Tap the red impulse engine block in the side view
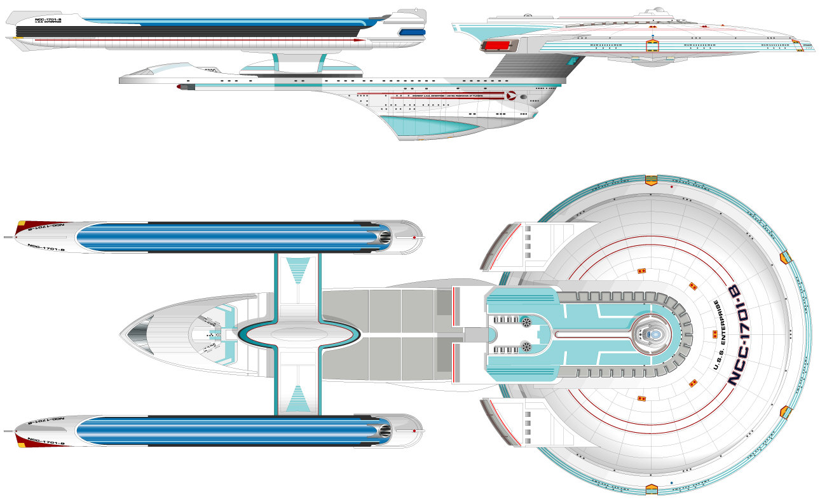pyautogui.click(x=497, y=45)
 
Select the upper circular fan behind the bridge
pyautogui.click(x=526, y=323)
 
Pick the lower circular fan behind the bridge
pyautogui.click(x=526, y=346)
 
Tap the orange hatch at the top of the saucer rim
pyautogui.click(x=651, y=180)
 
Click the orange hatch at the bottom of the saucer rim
pyautogui.click(x=651, y=489)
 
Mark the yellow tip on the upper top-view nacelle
pyautogui.click(x=21, y=224)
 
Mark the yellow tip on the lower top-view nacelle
pyautogui.click(x=21, y=444)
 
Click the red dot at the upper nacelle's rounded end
pyautogui.click(x=414, y=237)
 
